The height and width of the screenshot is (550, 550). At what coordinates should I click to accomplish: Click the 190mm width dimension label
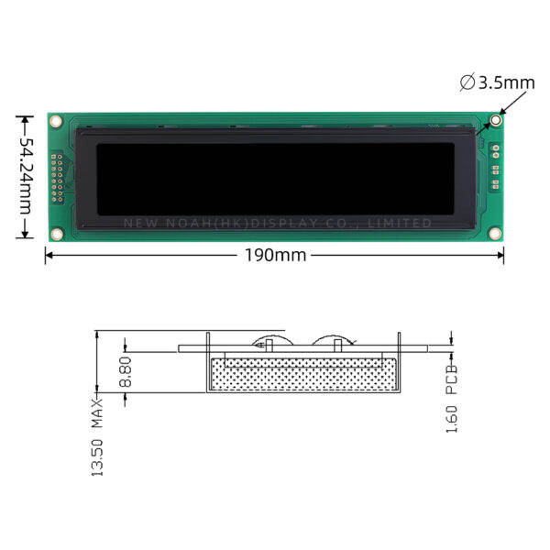tap(275, 255)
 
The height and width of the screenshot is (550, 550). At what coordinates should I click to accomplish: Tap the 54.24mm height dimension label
tap(25, 176)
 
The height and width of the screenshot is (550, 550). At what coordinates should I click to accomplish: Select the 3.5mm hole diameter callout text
tap(507, 83)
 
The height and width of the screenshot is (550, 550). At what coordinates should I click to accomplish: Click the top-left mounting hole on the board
tap(55, 121)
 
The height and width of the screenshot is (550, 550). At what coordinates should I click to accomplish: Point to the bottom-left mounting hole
tap(57, 234)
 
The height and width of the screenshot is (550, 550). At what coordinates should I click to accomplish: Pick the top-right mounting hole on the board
tap(495, 120)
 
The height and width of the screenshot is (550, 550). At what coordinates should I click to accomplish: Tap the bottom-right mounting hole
tap(495, 233)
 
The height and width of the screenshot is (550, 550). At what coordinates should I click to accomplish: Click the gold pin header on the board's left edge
tap(57, 178)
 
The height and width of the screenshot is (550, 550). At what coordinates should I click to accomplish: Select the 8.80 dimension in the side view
tap(125, 372)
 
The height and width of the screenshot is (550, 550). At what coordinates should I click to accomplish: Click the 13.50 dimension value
tap(97, 457)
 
